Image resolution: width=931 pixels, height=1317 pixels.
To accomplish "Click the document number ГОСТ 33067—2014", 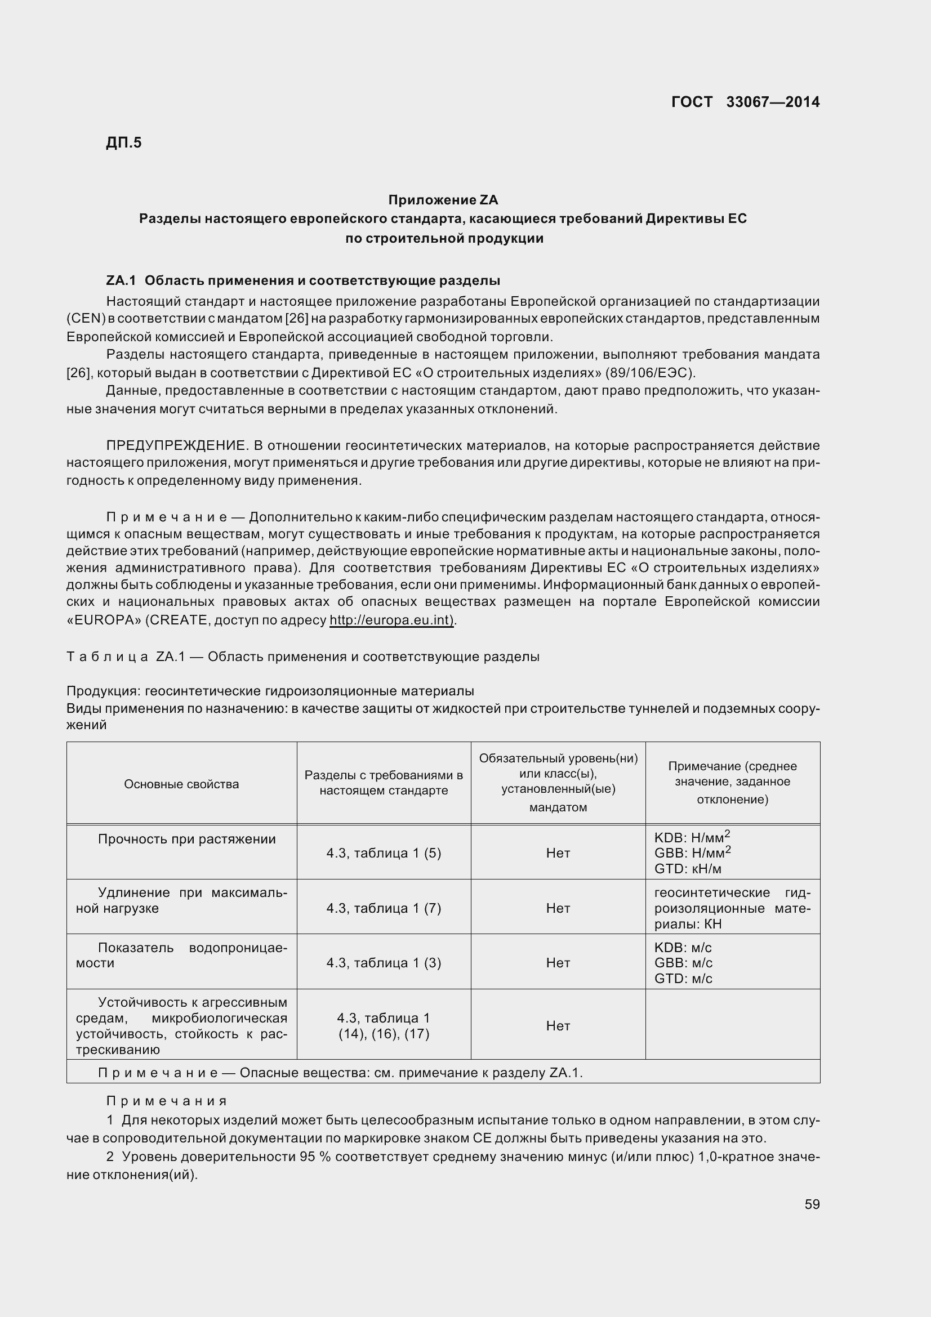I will coord(745,102).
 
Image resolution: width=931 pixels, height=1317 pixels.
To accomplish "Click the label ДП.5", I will coord(124,142).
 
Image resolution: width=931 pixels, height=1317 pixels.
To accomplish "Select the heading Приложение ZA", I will coord(443,200).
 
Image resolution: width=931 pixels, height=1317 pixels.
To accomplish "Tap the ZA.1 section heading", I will coord(303,280).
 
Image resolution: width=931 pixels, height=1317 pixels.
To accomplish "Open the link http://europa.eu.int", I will coord(391,620).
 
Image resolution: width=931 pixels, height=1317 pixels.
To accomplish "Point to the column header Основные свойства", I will coord(181,784).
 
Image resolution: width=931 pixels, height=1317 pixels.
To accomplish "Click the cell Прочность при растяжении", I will coord(186,839).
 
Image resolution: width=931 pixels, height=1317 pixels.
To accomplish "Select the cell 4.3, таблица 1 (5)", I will coord(384,853).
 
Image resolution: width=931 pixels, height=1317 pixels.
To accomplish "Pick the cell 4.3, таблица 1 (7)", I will coord(384,908).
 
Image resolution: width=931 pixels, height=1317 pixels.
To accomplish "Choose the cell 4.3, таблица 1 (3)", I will coord(384,962).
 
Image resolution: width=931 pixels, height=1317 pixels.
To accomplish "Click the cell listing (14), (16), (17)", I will coord(384,1034).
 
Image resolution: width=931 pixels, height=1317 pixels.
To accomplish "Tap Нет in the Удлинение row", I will coord(558,908).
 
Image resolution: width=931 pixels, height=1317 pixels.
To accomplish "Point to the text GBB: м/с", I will coord(683,962).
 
